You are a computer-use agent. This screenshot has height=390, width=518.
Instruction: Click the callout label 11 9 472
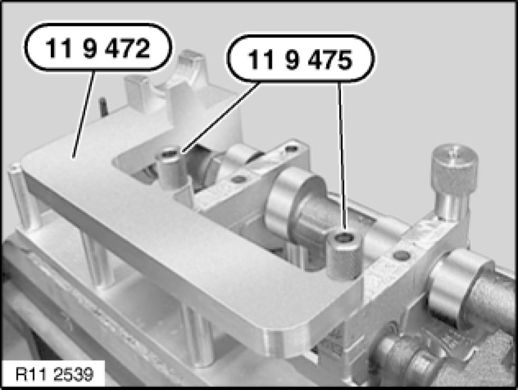[98, 47]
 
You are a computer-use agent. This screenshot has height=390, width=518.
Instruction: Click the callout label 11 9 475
[300, 59]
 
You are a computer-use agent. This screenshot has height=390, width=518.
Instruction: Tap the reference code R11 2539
[54, 374]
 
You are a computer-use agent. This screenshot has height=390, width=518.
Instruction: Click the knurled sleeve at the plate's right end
[344, 255]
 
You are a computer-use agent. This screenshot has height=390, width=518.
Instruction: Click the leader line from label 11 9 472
[83, 114]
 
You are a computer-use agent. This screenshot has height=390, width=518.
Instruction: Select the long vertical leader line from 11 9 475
[342, 156]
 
